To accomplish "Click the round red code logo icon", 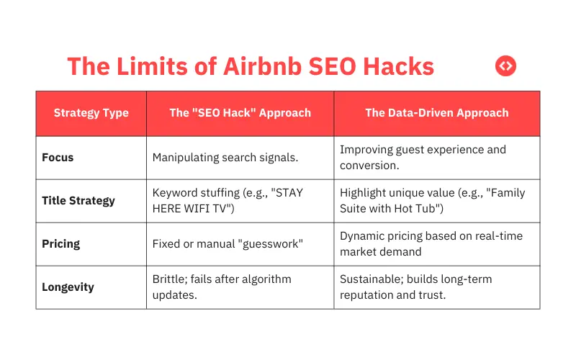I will (506, 66).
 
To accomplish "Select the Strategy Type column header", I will (91, 113).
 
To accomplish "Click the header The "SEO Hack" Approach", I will (240, 113).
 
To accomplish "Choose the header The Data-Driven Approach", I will (436, 113).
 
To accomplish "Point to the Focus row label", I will (58, 158).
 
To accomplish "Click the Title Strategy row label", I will (78, 201).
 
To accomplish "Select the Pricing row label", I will (61, 244).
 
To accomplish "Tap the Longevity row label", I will (68, 287).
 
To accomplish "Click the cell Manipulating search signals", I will (220, 158).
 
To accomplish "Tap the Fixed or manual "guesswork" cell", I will (227, 244).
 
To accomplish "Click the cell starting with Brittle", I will (221, 287).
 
